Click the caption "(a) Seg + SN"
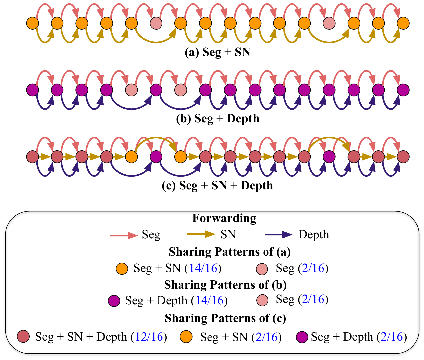coord(217,52)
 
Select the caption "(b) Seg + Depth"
coord(218,119)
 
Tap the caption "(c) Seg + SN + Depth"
coord(218,185)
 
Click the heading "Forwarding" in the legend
coord(224,218)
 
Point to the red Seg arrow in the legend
coord(124,235)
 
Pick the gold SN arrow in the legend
coord(201,235)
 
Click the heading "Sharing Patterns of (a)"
coord(230,252)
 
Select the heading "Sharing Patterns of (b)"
coord(226,285)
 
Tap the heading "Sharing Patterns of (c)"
coord(226,318)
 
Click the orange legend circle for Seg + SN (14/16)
coord(122,269)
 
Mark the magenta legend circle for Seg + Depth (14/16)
coord(114,301)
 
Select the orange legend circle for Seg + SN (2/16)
coord(186,337)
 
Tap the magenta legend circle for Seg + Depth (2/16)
coord(302,337)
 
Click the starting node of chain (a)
coord(32,23)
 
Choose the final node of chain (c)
coord(403,156)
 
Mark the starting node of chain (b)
coord(32,90)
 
